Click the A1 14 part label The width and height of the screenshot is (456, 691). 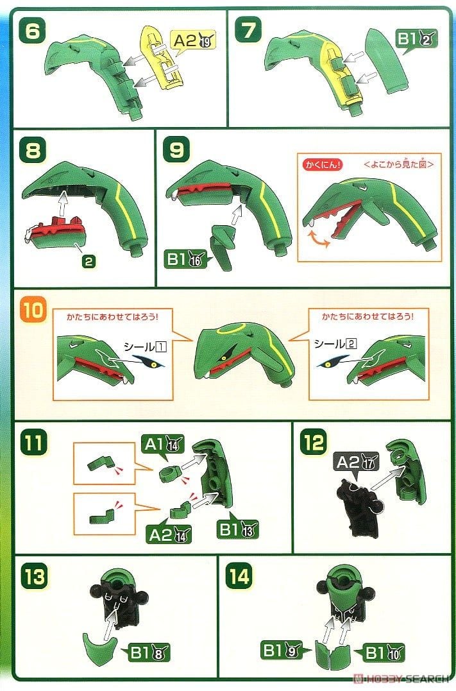tap(163, 443)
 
